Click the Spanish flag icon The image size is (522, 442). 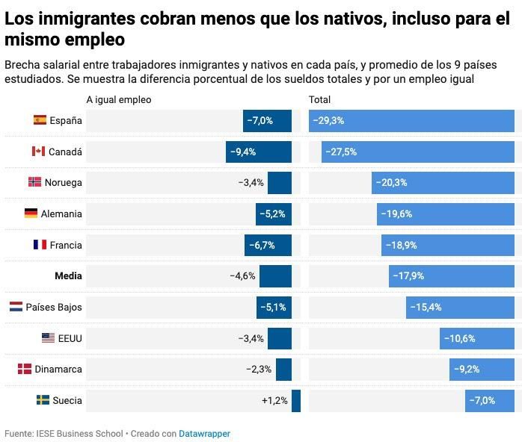40,120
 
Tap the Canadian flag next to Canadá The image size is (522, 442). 38,152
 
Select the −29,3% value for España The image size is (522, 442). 328,120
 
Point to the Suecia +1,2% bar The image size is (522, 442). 296,401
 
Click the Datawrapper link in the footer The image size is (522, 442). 204,433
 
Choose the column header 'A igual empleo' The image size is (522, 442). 118,99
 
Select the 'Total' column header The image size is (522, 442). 319,99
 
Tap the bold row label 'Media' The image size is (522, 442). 68,276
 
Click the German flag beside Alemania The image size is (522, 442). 31,214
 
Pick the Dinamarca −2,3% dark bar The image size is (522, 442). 283,370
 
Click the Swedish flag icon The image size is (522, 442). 43,401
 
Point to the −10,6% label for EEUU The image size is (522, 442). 459,338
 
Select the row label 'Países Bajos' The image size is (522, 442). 54,307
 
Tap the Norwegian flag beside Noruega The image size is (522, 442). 34,182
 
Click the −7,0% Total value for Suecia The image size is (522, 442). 482,401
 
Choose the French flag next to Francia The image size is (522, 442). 40,245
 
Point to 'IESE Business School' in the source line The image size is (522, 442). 78,433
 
